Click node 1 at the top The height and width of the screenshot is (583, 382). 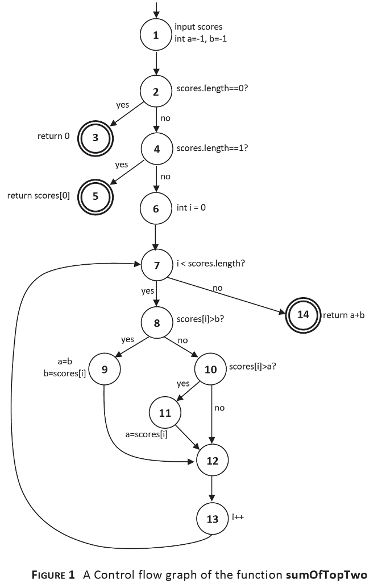[156, 35]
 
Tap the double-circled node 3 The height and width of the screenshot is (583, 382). [95, 137]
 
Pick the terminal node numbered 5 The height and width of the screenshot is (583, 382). [95, 196]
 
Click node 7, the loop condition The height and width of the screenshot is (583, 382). [156, 265]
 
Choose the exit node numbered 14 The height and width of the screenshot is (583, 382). [302, 314]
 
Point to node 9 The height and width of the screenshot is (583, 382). [105, 369]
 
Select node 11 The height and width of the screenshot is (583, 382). [165, 413]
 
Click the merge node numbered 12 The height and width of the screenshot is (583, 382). [212, 461]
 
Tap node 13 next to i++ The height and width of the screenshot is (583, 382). [212, 519]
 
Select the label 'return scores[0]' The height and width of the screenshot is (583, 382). [38, 195]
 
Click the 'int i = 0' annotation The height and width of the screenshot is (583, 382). [191, 207]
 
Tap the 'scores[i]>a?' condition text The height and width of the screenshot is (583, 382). [253, 366]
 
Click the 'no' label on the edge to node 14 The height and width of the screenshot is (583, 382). [217, 289]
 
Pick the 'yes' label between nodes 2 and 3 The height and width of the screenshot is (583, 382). [122, 105]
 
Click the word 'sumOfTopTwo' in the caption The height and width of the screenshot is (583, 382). [331, 574]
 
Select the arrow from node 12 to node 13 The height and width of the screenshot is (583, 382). [212, 489]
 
